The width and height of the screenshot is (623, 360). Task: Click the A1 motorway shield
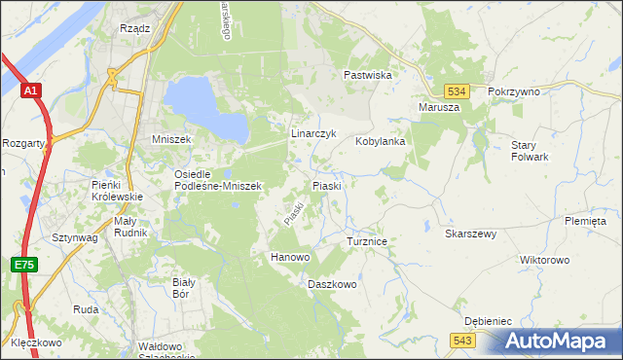31,90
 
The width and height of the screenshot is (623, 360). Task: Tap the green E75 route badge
22,265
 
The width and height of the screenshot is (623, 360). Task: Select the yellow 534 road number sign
460,90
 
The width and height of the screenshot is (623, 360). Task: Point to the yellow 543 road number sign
462,339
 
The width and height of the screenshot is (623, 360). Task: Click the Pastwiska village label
367,74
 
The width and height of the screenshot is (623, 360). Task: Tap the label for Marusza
438,107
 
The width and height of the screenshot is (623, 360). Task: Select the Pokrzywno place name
513,90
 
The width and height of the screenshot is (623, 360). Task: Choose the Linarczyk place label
313,133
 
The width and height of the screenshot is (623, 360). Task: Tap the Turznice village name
367,239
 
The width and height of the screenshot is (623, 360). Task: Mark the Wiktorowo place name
544,261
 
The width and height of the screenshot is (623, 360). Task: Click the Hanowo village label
289,257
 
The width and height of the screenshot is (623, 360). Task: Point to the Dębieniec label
488,320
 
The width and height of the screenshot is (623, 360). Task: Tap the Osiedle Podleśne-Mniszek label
216,179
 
